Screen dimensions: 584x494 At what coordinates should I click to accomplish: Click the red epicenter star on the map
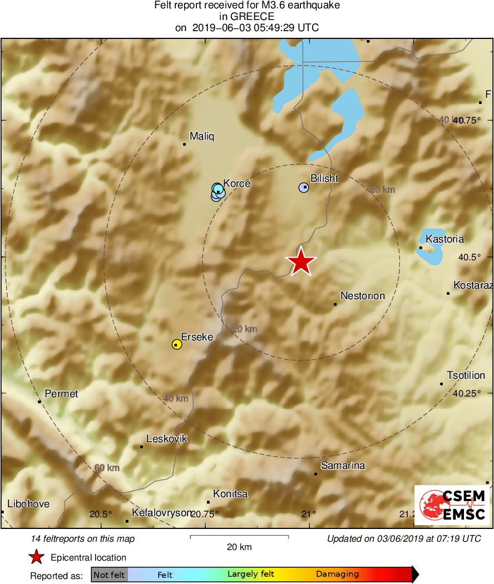tap(301, 261)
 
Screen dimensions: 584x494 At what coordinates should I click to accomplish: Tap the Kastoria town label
tap(444, 239)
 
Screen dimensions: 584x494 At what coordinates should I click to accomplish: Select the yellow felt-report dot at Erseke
tap(176, 344)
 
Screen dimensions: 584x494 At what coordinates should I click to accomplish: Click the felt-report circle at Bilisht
tap(304, 188)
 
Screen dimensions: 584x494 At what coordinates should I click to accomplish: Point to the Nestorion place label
tap(362, 296)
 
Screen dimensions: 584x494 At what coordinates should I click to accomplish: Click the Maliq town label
tap(201, 136)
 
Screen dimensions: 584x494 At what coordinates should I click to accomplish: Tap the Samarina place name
tap(343, 466)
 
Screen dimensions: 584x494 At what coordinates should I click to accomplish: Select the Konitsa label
tap(231, 494)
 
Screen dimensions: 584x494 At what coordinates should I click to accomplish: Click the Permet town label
tap(61, 394)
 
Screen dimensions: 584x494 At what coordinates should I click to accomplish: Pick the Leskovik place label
tap(166, 439)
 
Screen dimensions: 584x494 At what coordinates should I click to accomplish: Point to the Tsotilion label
tap(466, 375)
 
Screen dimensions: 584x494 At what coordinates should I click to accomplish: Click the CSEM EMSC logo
tap(452, 505)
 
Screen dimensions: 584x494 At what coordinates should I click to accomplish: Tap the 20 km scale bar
tap(239, 537)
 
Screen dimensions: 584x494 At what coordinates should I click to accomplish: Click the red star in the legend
tap(37, 557)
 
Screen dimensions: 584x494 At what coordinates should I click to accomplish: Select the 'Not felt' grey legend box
tap(109, 575)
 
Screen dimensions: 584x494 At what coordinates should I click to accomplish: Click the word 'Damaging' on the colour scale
tap(337, 575)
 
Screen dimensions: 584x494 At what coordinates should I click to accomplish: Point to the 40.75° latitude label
tap(466, 120)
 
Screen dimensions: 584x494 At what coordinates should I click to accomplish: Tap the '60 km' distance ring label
tap(106, 468)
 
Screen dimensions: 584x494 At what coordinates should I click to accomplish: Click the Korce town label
tap(236, 184)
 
